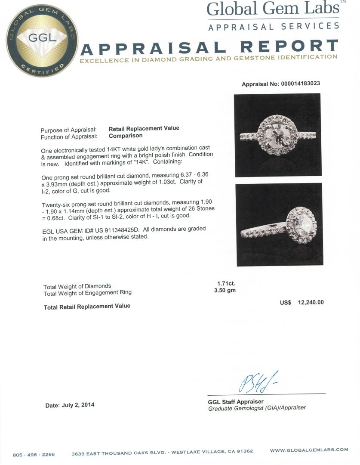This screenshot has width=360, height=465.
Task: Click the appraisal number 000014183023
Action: click(x=300, y=84)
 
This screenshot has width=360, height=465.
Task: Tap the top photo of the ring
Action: click(x=278, y=135)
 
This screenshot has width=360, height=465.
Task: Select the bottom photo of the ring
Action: click(x=280, y=224)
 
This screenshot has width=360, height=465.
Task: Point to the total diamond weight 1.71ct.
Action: click(x=226, y=283)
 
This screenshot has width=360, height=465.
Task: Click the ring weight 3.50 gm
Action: click(x=225, y=290)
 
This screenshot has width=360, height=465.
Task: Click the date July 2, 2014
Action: click(x=70, y=405)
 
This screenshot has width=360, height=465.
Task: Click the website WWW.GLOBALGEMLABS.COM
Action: click(x=309, y=450)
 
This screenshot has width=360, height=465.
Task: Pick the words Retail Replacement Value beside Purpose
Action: click(x=144, y=128)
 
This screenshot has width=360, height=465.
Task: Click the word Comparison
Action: click(x=126, y=135)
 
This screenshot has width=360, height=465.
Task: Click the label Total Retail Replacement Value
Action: click(x=87, y=306)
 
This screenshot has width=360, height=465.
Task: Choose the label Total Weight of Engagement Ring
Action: click(x=87, y=293)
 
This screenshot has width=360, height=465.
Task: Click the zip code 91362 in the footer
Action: click(x=243, y=451)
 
